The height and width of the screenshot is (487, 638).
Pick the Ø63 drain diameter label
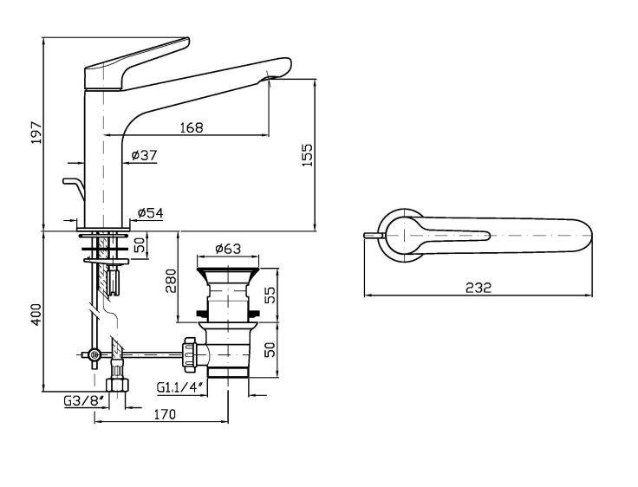tap(226, 249)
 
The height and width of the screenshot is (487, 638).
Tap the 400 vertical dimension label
tap(36, 315)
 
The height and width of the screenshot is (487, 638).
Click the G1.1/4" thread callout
tap(181, 387)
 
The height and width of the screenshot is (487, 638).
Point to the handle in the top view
tap(442, 232)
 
